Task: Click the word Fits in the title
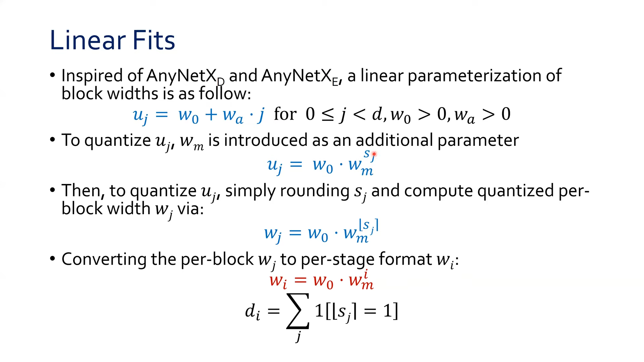point(154,40)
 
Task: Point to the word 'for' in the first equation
point(285,114)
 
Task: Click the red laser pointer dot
point(374,154)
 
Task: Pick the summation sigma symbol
point(298,311)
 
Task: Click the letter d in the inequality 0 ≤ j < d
point(377,114)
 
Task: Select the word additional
point(394,140)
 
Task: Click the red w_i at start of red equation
point(278,281)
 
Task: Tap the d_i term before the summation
point(252,312)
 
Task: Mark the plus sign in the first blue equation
point(211,115)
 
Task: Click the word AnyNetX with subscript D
point(183,76)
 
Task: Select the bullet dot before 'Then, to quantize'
point(52,190)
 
